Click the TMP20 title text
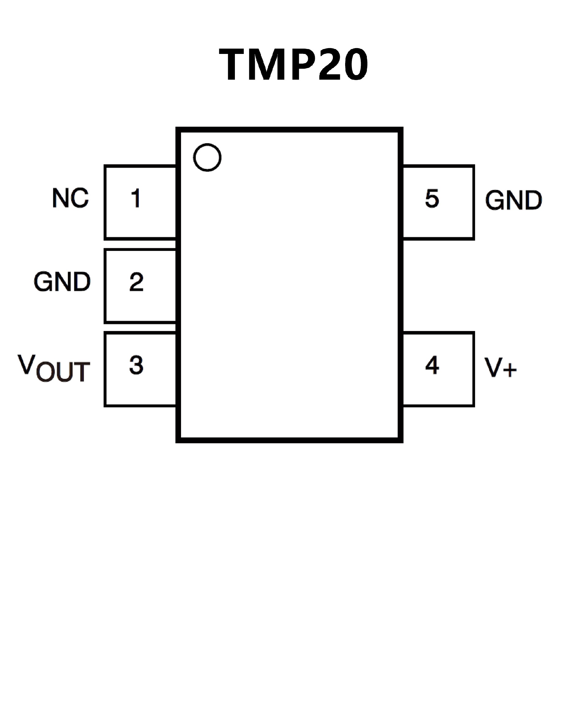click(293, 64)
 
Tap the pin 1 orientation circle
click(207, 157)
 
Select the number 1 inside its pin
click(136, 198)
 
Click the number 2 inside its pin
click(136, 282)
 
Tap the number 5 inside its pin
click(432, 198)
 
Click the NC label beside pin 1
click(70, 198)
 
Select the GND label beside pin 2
click(62, 282)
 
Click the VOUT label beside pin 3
click(54, 368)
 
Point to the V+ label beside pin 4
click(500, 367)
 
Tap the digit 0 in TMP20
click(355, 64)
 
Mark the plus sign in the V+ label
click(510, 370)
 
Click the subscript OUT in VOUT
click(63, 372)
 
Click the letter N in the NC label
click(60, 198)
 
